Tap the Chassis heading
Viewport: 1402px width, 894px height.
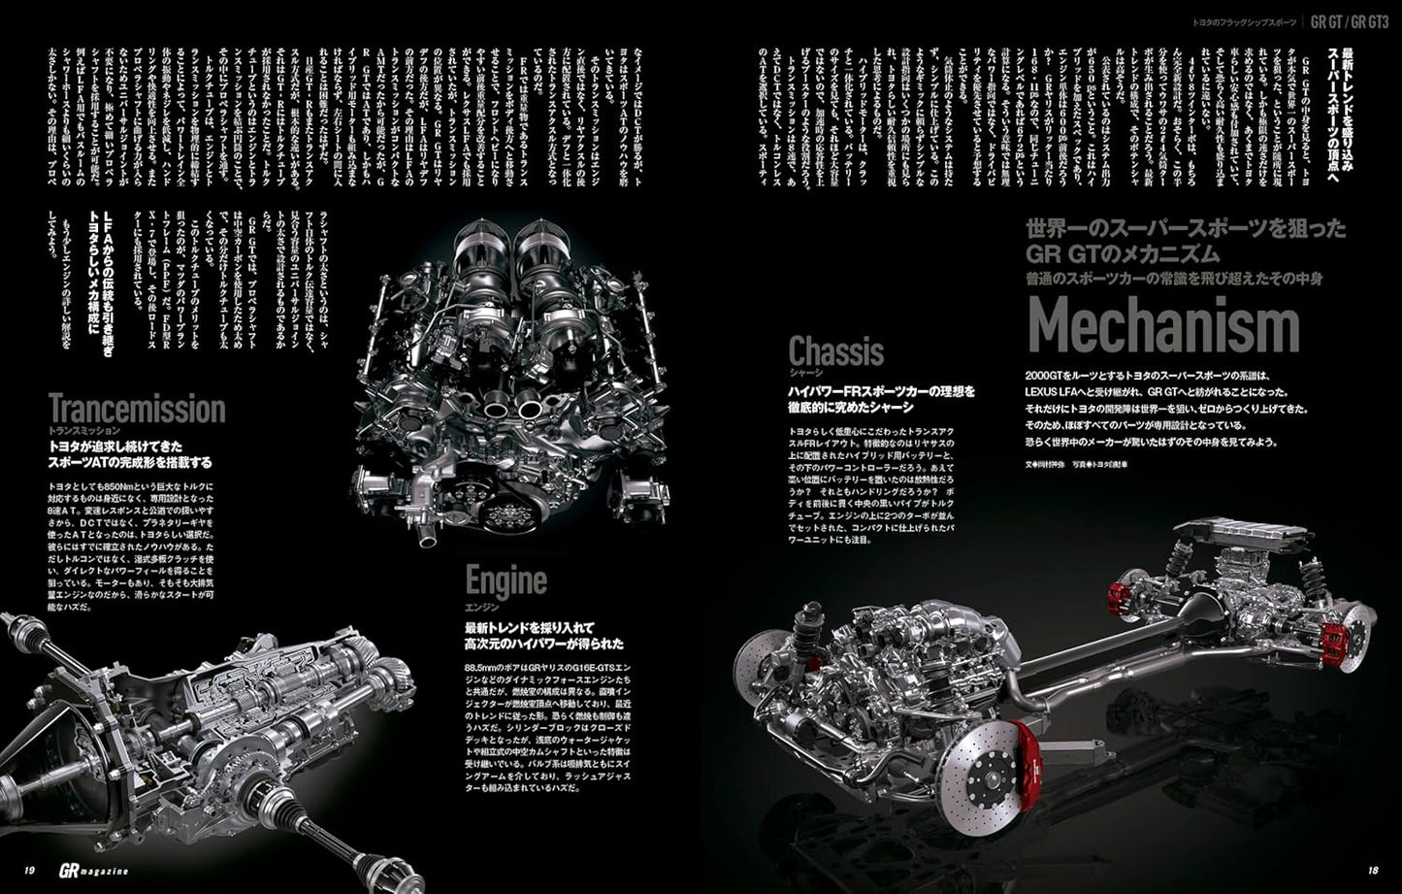[x=835, y=350]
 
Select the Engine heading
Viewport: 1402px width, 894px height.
[x=505, y=580]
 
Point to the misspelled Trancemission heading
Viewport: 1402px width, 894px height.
[x=136, y=409]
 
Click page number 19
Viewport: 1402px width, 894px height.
[x=30, y=870]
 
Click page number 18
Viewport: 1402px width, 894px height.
[x=1371, y=870]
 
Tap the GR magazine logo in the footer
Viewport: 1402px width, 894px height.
[x=88, y=870]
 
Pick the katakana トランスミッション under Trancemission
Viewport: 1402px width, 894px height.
[x=83, y=430]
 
